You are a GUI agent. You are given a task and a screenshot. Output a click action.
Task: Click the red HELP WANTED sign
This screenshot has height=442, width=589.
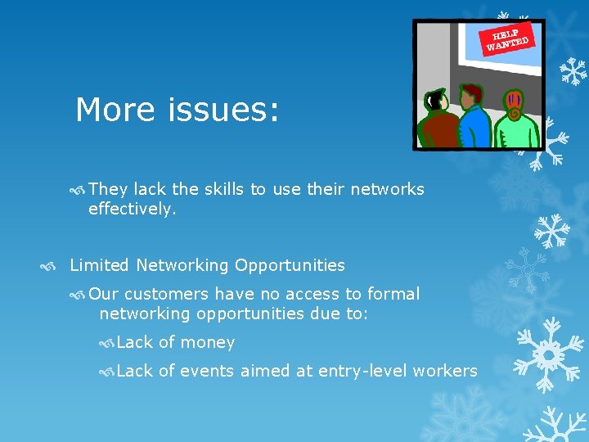(x=510, y=38)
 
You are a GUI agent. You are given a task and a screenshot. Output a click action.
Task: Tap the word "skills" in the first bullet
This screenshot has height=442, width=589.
(x=221, y=189)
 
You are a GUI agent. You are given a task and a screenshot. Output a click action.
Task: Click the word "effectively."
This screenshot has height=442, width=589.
(x=132, y=209)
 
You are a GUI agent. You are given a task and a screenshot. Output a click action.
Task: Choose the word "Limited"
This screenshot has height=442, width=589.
(x=100, y=265)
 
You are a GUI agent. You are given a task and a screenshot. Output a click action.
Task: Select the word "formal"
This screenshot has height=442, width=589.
(x=393, y=294)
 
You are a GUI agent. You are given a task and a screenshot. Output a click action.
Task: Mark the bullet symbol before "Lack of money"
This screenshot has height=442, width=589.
(x=106, y=343)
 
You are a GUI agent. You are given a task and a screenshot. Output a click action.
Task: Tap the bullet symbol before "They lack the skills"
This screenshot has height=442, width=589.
(x=79, y=190)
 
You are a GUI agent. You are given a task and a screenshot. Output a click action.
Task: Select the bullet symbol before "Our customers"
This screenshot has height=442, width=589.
(x=79, y=295)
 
